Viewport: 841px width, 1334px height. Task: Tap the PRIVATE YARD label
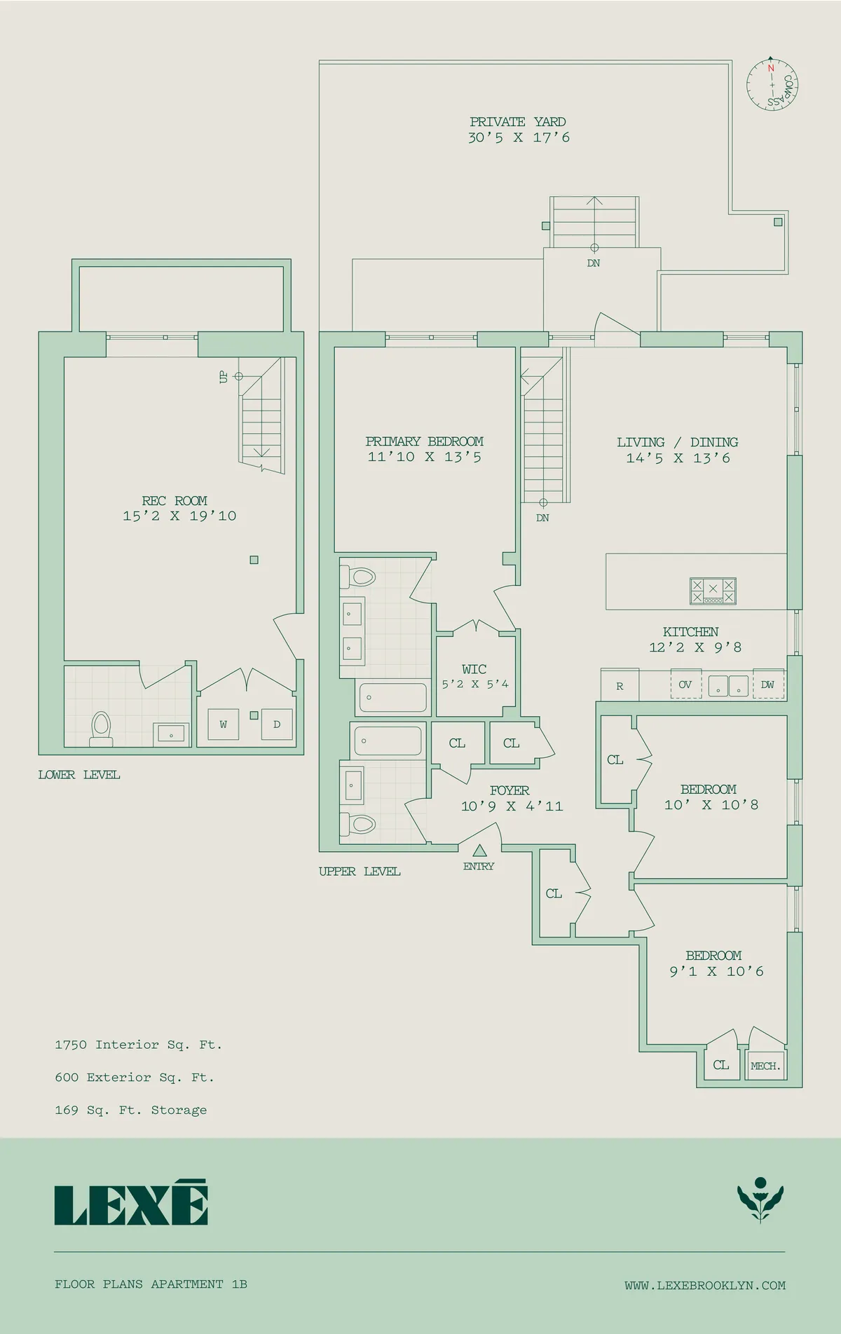[518, 122]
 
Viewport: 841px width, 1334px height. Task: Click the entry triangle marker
[479, 851]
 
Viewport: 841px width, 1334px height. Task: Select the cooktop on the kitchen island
[713, 591]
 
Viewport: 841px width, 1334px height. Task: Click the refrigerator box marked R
[620, 686]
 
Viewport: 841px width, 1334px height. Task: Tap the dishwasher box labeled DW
[767, 685]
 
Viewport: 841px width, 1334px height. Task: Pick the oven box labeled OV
[685, 685]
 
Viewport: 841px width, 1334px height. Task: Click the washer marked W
[223, 724]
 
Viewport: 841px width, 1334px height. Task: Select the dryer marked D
[277, 724]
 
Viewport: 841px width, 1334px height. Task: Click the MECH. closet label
[765, 1066]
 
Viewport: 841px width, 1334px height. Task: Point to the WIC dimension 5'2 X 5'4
[475, 684]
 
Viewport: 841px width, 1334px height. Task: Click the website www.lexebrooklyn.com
[704, 1285]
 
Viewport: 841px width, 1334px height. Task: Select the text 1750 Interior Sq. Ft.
[138, 1045]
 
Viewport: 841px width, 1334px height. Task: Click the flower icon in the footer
[760, 1201]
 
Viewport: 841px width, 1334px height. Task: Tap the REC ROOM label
[175, 500]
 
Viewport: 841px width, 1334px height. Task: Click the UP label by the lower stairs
[224, 377]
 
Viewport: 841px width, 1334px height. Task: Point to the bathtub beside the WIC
[392, 697]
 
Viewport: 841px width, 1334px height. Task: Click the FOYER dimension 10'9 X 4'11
[512, 806]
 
